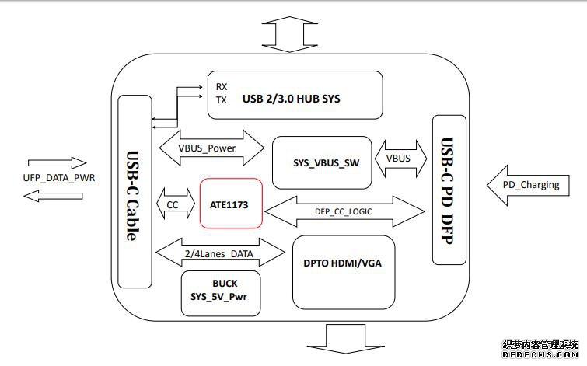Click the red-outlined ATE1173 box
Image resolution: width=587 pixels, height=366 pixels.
click(x=232, y=204)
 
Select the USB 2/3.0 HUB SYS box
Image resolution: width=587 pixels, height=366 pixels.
click(x=295, y=96)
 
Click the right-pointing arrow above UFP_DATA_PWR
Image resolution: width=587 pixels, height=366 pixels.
click(x=57, y=163)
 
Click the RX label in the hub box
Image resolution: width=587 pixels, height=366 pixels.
click(x=222, y=87)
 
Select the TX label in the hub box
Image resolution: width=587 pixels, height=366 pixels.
click(x=222, y=100)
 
